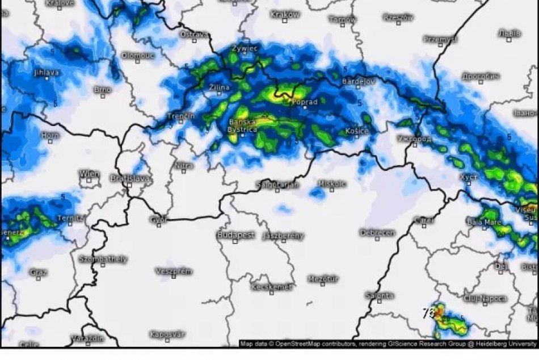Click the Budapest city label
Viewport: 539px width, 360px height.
pos(235,235)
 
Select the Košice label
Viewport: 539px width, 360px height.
pos(357,132)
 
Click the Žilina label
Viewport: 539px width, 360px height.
pos(219,87)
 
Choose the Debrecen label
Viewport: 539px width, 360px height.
pos(377,233)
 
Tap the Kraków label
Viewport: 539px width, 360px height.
pos(285,15)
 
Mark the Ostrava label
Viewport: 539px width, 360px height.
pos(194,35)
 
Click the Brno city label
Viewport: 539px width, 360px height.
pos(102,90)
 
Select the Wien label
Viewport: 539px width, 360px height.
pos(90,174)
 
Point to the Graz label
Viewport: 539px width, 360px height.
pos(38,273)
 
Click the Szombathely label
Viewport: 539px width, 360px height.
pos(103,259)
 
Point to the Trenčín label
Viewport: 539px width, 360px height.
pos(180,116)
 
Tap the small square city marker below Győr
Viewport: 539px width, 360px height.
pos(159,225)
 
